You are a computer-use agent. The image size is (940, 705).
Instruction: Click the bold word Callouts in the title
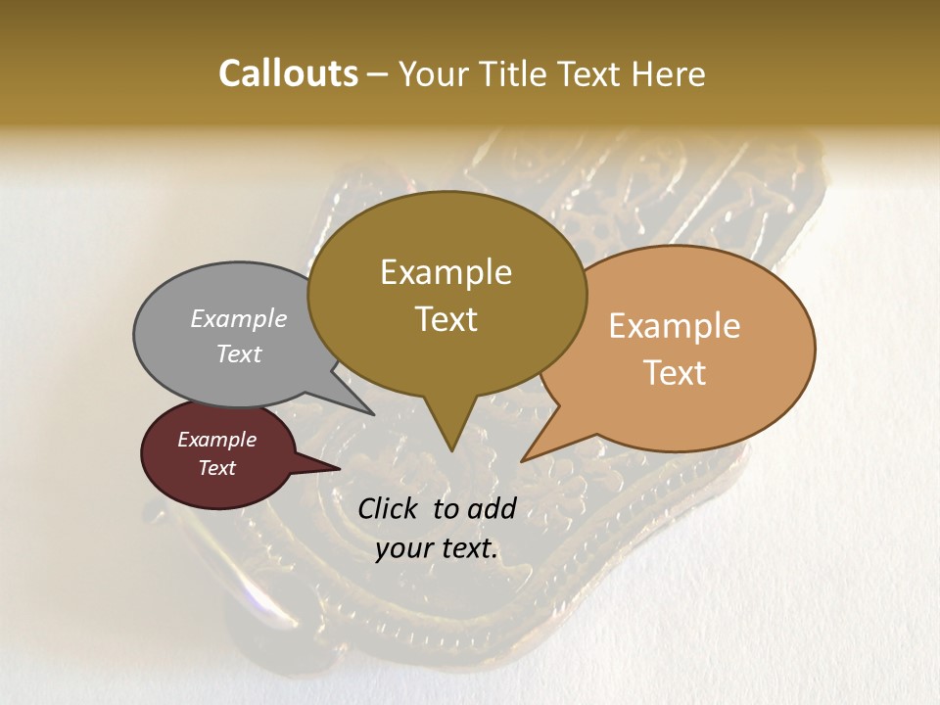[x=288, y=73]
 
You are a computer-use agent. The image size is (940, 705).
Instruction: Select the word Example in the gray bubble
[x=239, y=318]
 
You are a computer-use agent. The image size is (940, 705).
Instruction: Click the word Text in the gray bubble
[x=239, y=353]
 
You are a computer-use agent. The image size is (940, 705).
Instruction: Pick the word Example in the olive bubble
[x=446, y=272]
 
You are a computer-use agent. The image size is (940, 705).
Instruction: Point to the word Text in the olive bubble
[x=446, y=319]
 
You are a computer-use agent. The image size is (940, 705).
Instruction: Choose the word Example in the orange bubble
[x=675, y=326]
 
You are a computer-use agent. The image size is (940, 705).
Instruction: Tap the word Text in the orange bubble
[x=675, y=373]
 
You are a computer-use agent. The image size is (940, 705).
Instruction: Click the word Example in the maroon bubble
[x=216, y=440]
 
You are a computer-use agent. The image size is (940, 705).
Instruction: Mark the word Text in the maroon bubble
[x=216, y=468]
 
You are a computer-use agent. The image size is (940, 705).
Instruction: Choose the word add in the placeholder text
[x=491, y=508]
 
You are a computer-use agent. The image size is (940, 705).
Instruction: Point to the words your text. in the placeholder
[x=437, y=548]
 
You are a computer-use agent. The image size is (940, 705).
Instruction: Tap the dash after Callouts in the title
[x=379, y=74]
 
